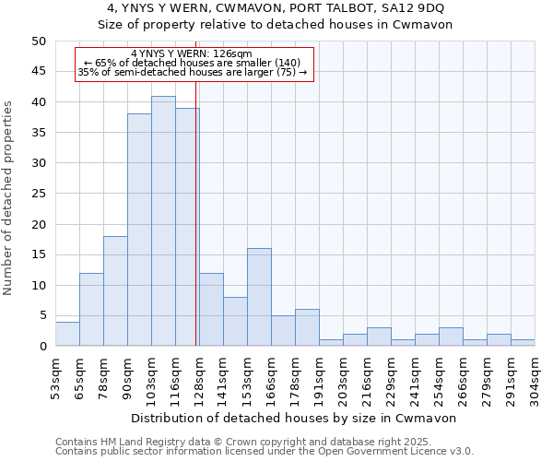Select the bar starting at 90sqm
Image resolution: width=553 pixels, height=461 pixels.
(x=139, y=230)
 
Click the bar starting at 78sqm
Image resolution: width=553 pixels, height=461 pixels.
(x=115, y=291)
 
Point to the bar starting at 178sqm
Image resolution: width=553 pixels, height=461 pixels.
(x=307, y=327)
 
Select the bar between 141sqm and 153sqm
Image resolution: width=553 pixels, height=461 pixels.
(x=235, y=322)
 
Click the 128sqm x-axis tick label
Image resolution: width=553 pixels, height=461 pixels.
(x=199, y=378)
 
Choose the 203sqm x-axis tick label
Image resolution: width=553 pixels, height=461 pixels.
(x=343, y=378)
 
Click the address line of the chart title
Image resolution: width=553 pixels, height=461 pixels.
(x=276, y=8)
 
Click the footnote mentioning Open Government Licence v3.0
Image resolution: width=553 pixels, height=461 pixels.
(x=265, y=452)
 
